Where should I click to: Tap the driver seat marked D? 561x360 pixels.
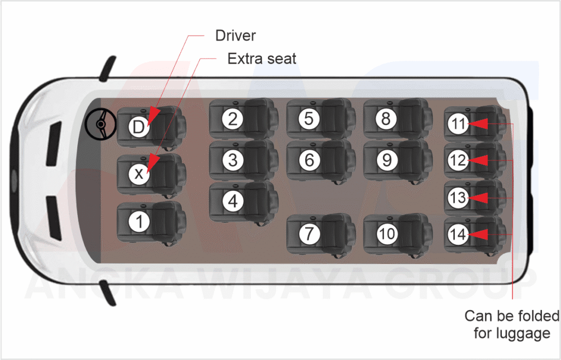139,127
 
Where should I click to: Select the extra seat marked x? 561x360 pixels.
139,174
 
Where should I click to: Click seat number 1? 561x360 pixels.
139,222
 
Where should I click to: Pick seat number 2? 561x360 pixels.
233,119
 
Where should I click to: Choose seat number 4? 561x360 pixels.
233,201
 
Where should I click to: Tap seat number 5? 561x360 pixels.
310,119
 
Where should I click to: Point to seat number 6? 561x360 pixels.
310,160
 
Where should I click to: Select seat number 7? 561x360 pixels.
310,234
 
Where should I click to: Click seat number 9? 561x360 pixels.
387,160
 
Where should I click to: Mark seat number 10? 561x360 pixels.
387,234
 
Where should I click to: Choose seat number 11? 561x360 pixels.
458,124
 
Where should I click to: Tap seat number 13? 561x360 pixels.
458,197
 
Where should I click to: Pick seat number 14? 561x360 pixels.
458,235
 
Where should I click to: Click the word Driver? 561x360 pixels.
236,36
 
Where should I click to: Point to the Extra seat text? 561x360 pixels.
262,59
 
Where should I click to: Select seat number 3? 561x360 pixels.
233,160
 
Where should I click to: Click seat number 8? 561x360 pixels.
387,119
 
